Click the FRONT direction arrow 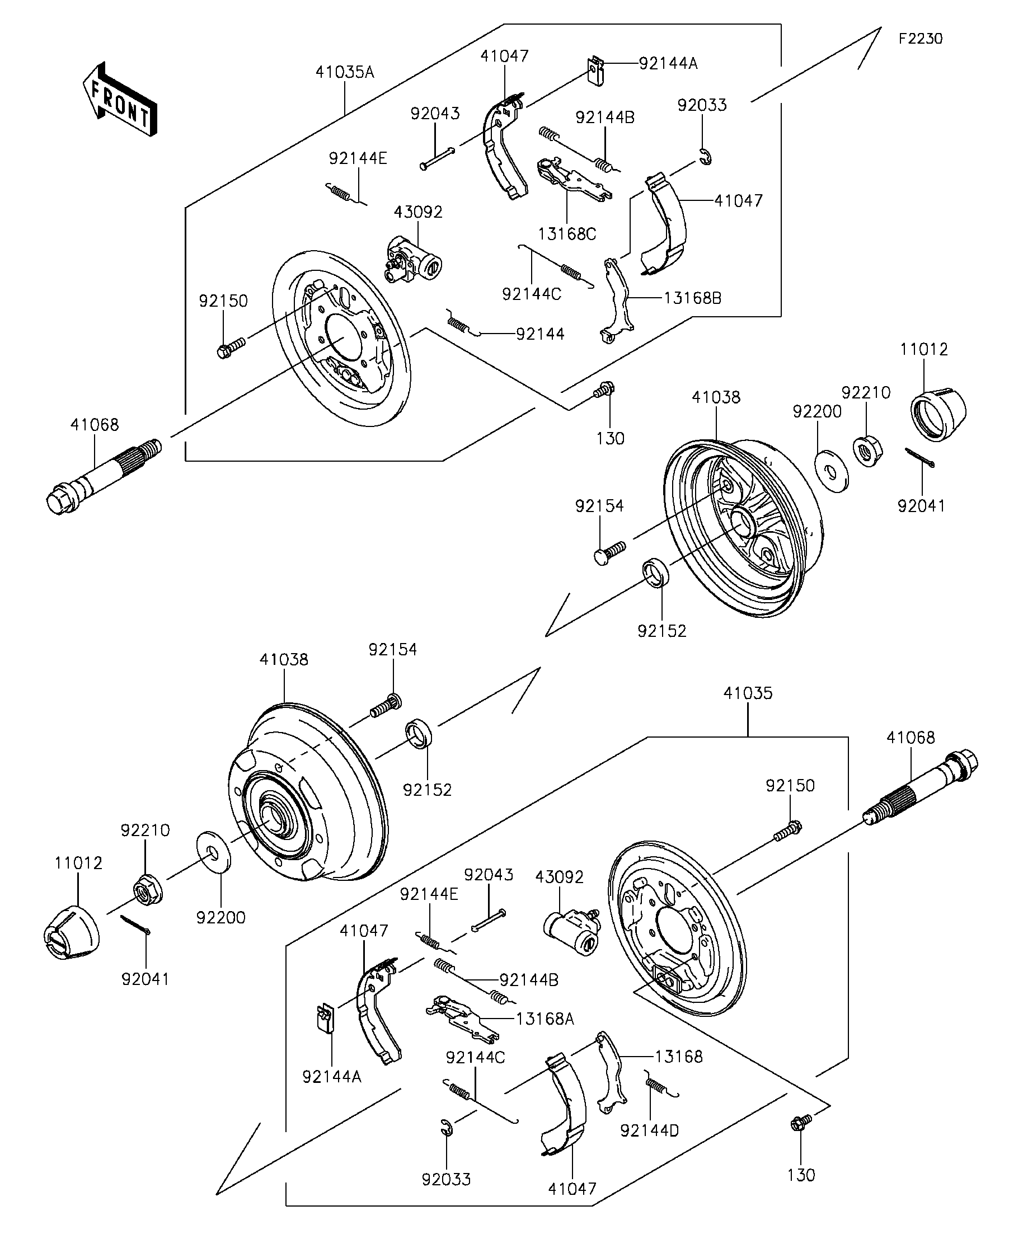click(120, 99)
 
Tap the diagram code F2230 click(921, 39)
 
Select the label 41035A click(345, 72)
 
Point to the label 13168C click(567, 234)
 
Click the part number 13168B click(693, 298)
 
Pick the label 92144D click(649, 1130)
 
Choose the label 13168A click(545, 1019)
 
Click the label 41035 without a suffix click(748, 693)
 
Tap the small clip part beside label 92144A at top click(597, 71)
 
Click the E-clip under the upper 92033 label click(706, 157)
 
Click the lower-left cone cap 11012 click(72, 932)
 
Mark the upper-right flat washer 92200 click(832, 470)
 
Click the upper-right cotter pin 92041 click(919, 458)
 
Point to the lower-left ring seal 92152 click(419, 733)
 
